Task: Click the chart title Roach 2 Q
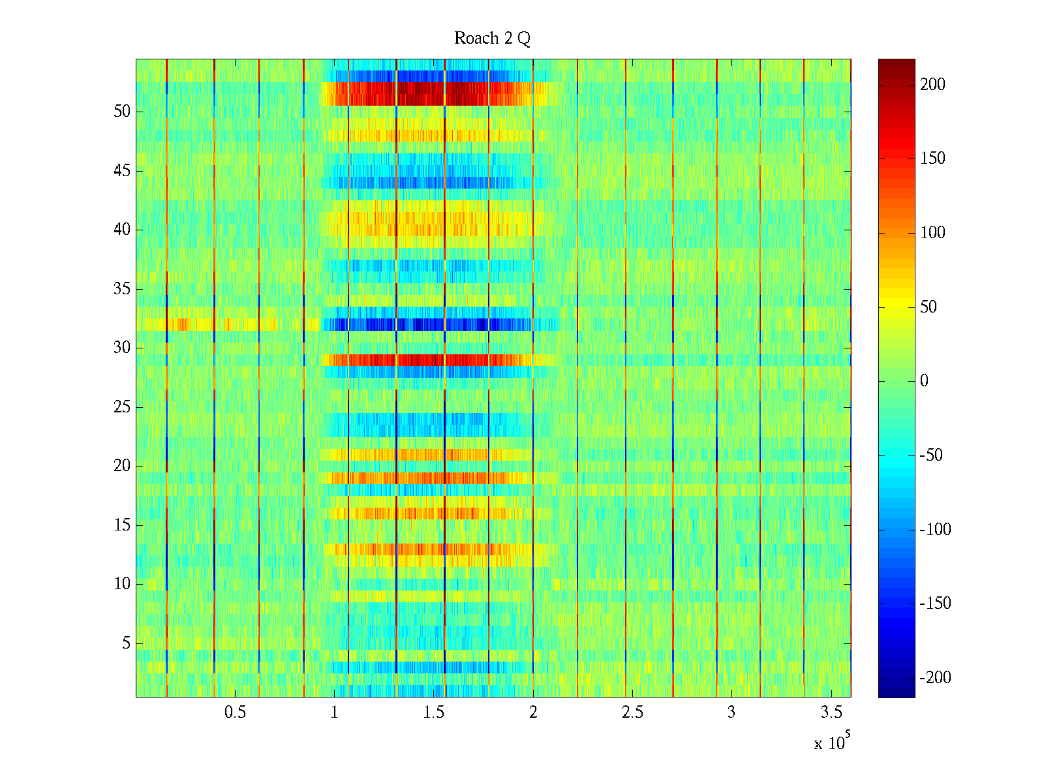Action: point(492,38)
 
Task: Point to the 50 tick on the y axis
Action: point(122,112)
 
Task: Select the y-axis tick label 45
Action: point(122,171)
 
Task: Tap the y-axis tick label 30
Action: point(122,348)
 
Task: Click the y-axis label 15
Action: point(122,525)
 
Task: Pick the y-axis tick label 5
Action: point(126,643)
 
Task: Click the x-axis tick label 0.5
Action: point(235,713)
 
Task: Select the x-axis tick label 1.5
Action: point(434,713)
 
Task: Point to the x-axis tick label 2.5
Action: point(632,713)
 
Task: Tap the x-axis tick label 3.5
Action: point(831,713)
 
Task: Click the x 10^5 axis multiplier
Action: point(832,743)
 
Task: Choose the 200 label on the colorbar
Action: point(932,85)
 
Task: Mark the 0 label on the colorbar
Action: point(924,381)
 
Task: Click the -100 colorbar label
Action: point(935,530)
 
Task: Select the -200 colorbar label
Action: point(935,678)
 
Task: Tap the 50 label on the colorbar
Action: point(929,307)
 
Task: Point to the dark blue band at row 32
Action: point(424,324)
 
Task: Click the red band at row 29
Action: point(424,360)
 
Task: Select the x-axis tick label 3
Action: point(731,713)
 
